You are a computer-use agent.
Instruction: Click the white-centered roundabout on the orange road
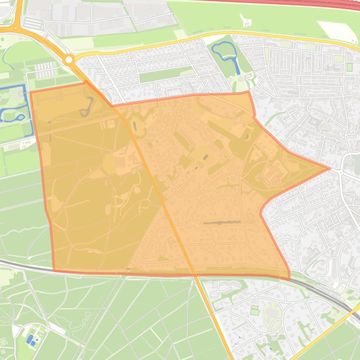pyautogui.click(x=69, y=60)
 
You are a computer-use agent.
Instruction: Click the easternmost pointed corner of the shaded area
pyautogui.click(x=330, y=168)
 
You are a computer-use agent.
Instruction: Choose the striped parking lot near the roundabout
pyautogui.click(x=45, y=70)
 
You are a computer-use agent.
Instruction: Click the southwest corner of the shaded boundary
pyautogui.click(x=54, y=270)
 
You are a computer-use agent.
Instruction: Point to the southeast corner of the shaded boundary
pyautogui.click(x=289, y=279)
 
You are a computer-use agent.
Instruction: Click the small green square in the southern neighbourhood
pyautogui.click(x=254, y=310)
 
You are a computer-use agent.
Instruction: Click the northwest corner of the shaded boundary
pyautogui.click(x=31, y=92)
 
